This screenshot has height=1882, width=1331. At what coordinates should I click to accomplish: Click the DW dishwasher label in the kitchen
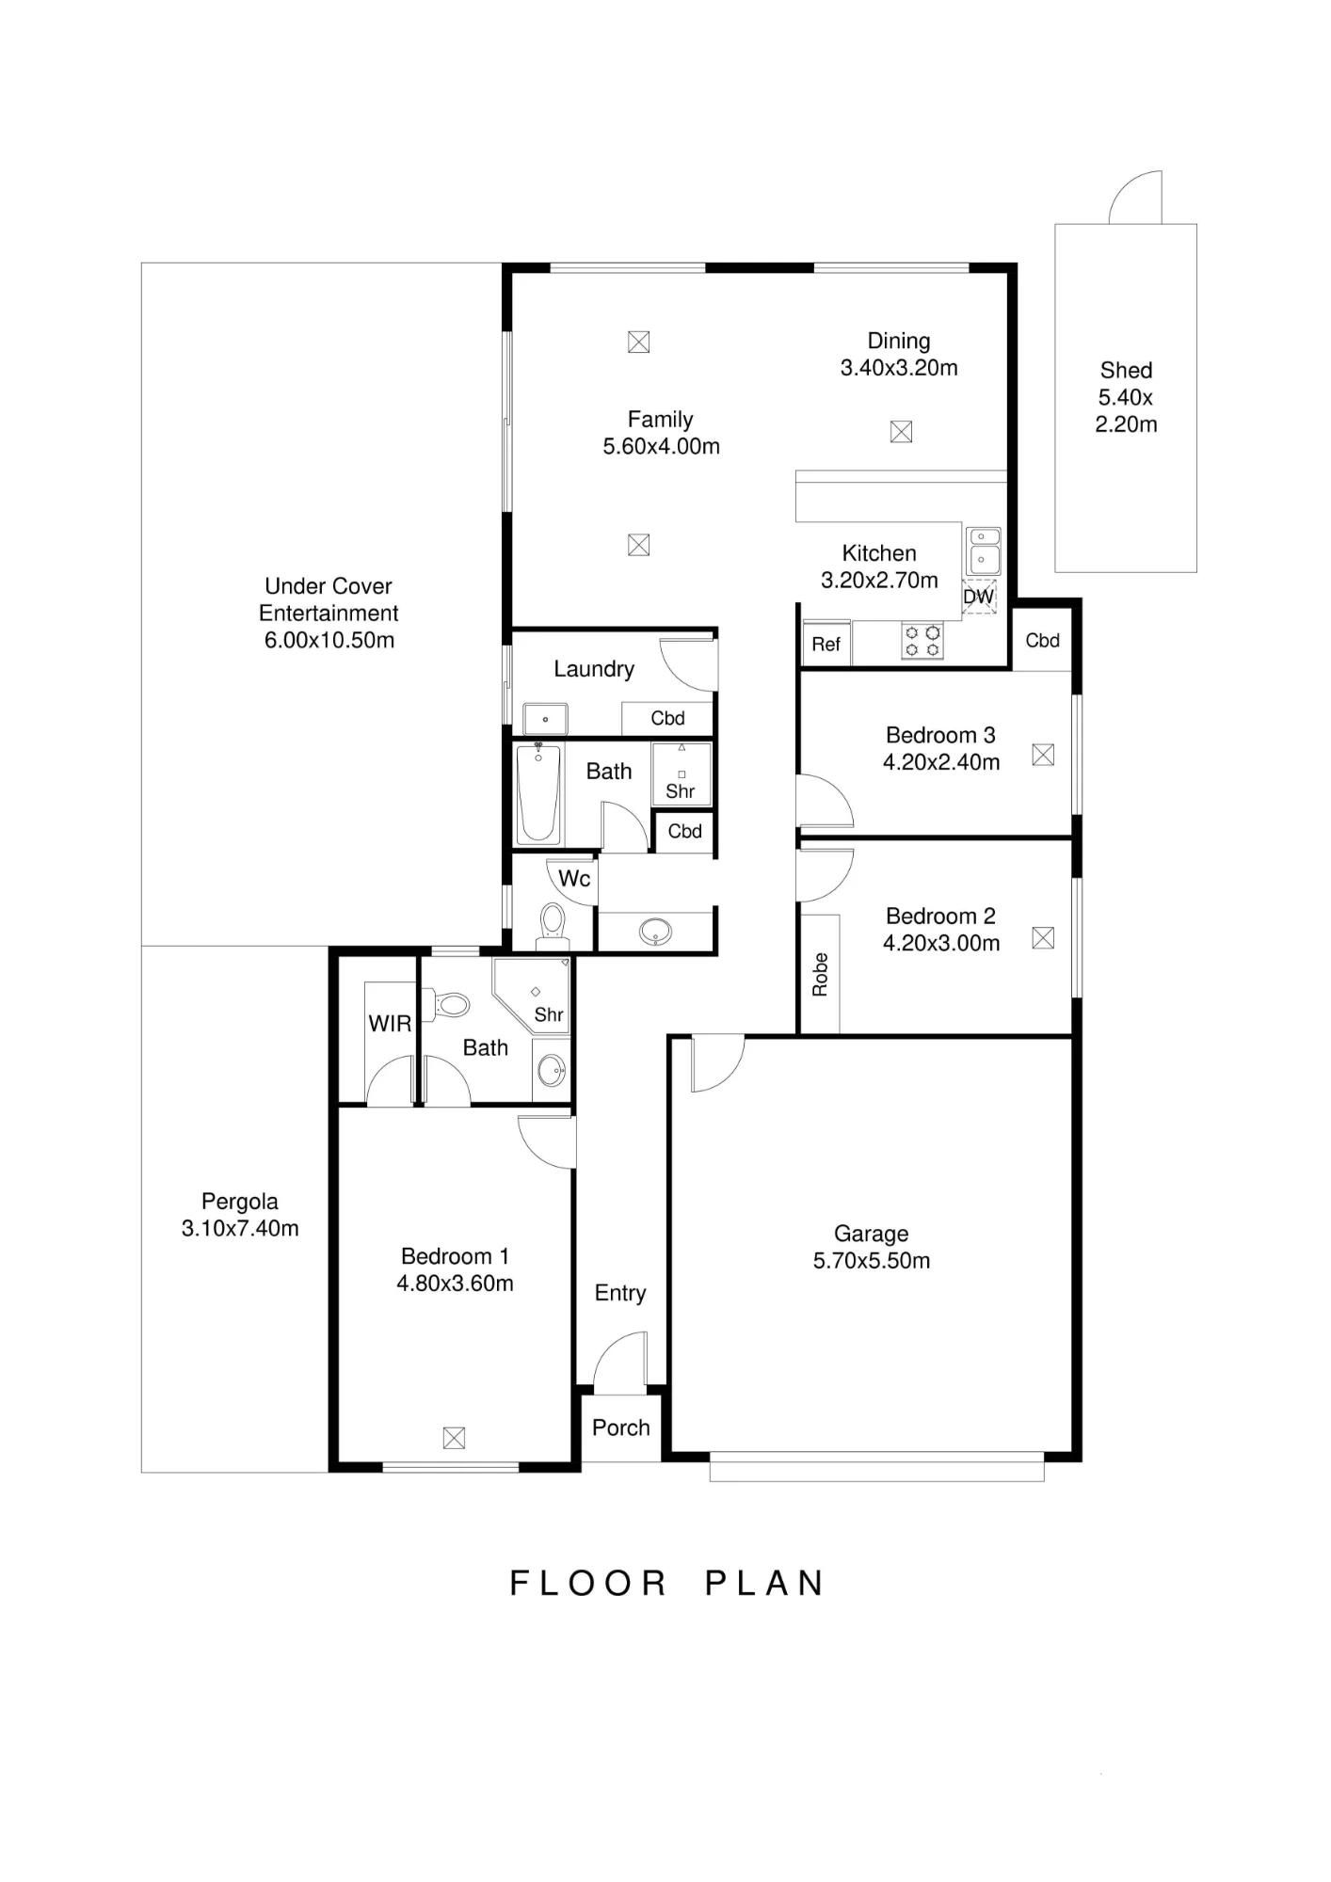pyautogui.click(x=979, y=597)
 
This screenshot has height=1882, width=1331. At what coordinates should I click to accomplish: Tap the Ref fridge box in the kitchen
pyautogui.click(x=826, y=644)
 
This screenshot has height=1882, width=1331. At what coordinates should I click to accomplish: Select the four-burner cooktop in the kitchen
pyautogui.click(x=922, y=641)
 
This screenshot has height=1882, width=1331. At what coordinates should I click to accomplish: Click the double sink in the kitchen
pyautogui.click(x=985, y=550)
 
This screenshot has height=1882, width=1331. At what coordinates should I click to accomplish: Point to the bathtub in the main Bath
pyautogui.click(x=538, y=793)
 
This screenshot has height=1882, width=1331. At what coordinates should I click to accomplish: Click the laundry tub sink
pyautogui.click(x=545, y=719)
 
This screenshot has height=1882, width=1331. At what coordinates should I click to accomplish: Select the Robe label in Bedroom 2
pyautogui.click(x=820, y=975)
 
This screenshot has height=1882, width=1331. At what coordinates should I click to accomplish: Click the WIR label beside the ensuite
pyautogui.click(x=390, y=1024)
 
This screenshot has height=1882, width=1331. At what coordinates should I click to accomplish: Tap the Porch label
pyautogui.click(x=621, y=1427)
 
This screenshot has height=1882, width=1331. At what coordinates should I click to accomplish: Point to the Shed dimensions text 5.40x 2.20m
pyautogui.click(x=1126, y=410)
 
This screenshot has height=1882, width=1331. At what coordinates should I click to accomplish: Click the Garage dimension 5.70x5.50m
pyautogui.click(x=872, y=1261)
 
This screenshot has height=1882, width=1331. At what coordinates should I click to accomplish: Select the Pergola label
pyautogui.click(x=240, y=1202)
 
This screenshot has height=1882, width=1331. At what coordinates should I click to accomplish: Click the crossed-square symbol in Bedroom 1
pyautogui.click(x=454, y=1438)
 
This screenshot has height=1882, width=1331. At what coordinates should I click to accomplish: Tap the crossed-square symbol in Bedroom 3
pyautogui.click(x=1043, y=755)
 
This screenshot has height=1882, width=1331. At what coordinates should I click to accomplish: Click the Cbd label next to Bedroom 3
pyautogui.click(x=1043, y=641)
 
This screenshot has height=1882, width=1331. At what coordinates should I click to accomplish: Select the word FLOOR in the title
pyautogui.click(x=588, y=1584)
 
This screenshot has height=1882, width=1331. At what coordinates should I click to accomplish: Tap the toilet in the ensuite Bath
pyautogui.click(x=445, y=1005)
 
